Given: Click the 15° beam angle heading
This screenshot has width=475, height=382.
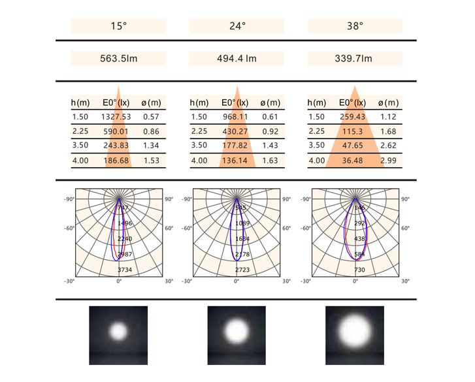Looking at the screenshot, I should [118, 27].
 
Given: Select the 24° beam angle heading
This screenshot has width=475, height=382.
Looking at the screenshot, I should [237, 27].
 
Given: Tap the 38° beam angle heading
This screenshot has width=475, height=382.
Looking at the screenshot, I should [355, 27].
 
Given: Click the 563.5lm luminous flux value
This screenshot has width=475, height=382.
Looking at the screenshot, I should [118, 59].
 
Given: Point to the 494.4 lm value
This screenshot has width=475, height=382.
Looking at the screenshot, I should [237, 59].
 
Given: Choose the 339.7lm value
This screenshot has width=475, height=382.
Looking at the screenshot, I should [355, 59].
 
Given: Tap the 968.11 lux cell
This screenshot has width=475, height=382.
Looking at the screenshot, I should [236, 117].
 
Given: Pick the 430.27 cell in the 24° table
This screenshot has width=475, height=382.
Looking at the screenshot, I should [236, 131].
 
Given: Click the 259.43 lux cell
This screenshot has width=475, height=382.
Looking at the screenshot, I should [354, 117].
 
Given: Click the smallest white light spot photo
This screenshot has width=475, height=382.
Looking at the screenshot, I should [118, 331].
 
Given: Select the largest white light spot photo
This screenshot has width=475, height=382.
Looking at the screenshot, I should [355, 332].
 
